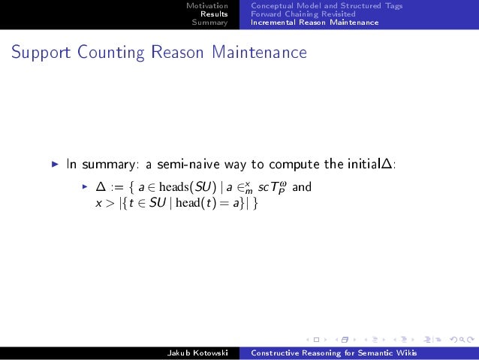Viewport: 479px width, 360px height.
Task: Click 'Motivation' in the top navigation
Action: (206, 6)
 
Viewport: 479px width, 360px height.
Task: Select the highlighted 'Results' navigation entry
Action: (214, 14)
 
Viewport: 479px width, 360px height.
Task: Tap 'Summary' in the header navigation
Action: (209, 23)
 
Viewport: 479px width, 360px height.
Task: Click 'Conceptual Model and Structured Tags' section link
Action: (327, 6)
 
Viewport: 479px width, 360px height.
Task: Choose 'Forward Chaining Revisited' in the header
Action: (303, 14)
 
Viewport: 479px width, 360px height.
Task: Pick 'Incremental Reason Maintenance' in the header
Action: (315, 23)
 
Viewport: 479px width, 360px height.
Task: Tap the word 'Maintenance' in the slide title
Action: (259, 53)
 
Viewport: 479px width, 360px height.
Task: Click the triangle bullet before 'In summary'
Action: (54, 163)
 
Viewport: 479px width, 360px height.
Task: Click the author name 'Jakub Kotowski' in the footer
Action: (197, 353)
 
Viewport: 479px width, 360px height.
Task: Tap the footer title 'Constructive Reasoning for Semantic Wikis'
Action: (334, 353)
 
